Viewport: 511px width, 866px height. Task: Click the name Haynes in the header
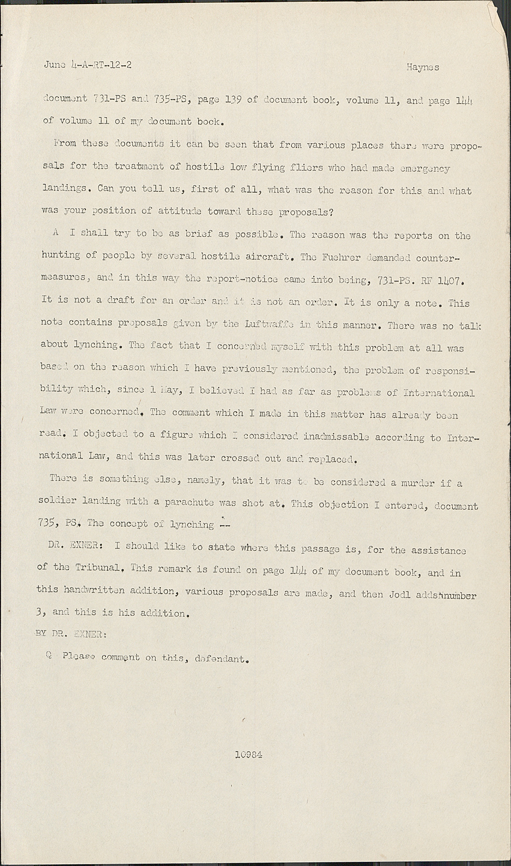click(x=423, y=68)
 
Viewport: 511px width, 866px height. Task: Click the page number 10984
click(x=249, y=754)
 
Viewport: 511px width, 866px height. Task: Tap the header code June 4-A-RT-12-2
click(x=87, y=65)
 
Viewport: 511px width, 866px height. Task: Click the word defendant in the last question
click(x=221, y=658)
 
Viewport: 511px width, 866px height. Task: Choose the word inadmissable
click(x=336, y=437)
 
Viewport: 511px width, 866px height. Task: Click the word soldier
click(x=59, y=502)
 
